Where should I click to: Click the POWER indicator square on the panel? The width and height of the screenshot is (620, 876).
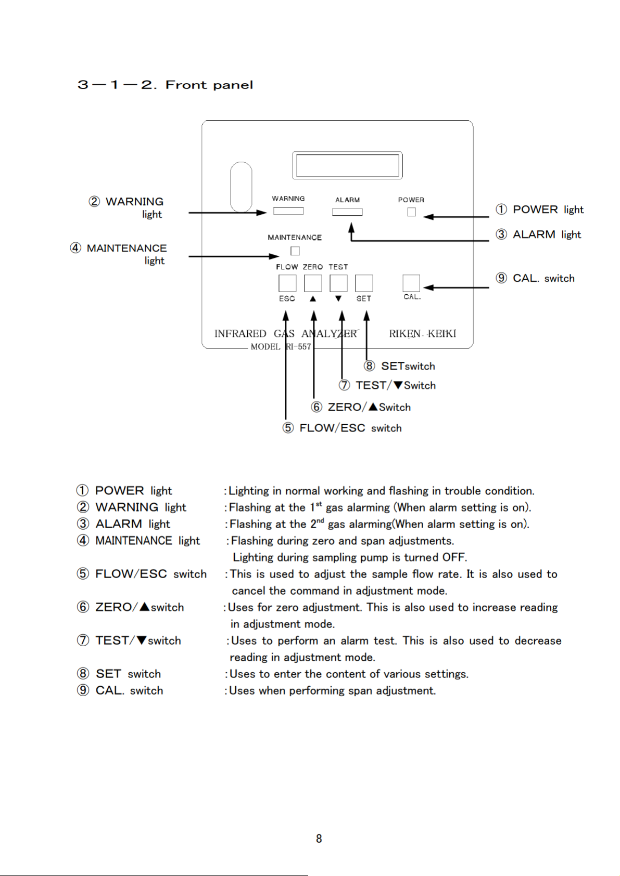tap(411, 212)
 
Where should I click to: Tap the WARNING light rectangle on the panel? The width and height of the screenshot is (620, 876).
tap(288, 211)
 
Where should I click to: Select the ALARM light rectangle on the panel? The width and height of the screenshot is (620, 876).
tap(347, 212)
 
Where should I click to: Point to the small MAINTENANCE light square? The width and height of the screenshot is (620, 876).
tap(295, 251)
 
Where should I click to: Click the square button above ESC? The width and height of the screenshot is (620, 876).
tap(287, 283)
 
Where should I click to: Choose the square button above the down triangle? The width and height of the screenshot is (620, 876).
tap(338, 283)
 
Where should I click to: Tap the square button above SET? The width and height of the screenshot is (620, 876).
tap(364, 283)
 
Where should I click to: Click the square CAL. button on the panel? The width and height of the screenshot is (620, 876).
tap(411, 283)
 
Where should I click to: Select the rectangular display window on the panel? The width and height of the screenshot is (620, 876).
tap(347, 165)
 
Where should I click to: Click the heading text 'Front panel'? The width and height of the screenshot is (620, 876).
tap(209, 85)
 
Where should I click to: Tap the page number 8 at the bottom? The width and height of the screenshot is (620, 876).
tap(319, 839)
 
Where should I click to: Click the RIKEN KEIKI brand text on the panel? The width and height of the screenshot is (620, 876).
tap(422, 334)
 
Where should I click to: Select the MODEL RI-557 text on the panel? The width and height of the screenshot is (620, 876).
tap(281, 346)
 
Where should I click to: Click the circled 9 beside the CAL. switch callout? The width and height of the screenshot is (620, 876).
tap(501, 278)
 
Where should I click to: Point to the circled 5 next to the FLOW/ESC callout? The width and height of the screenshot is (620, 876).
tap(288, 428)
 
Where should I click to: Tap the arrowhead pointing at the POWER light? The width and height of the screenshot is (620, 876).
tap(428, 217)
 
